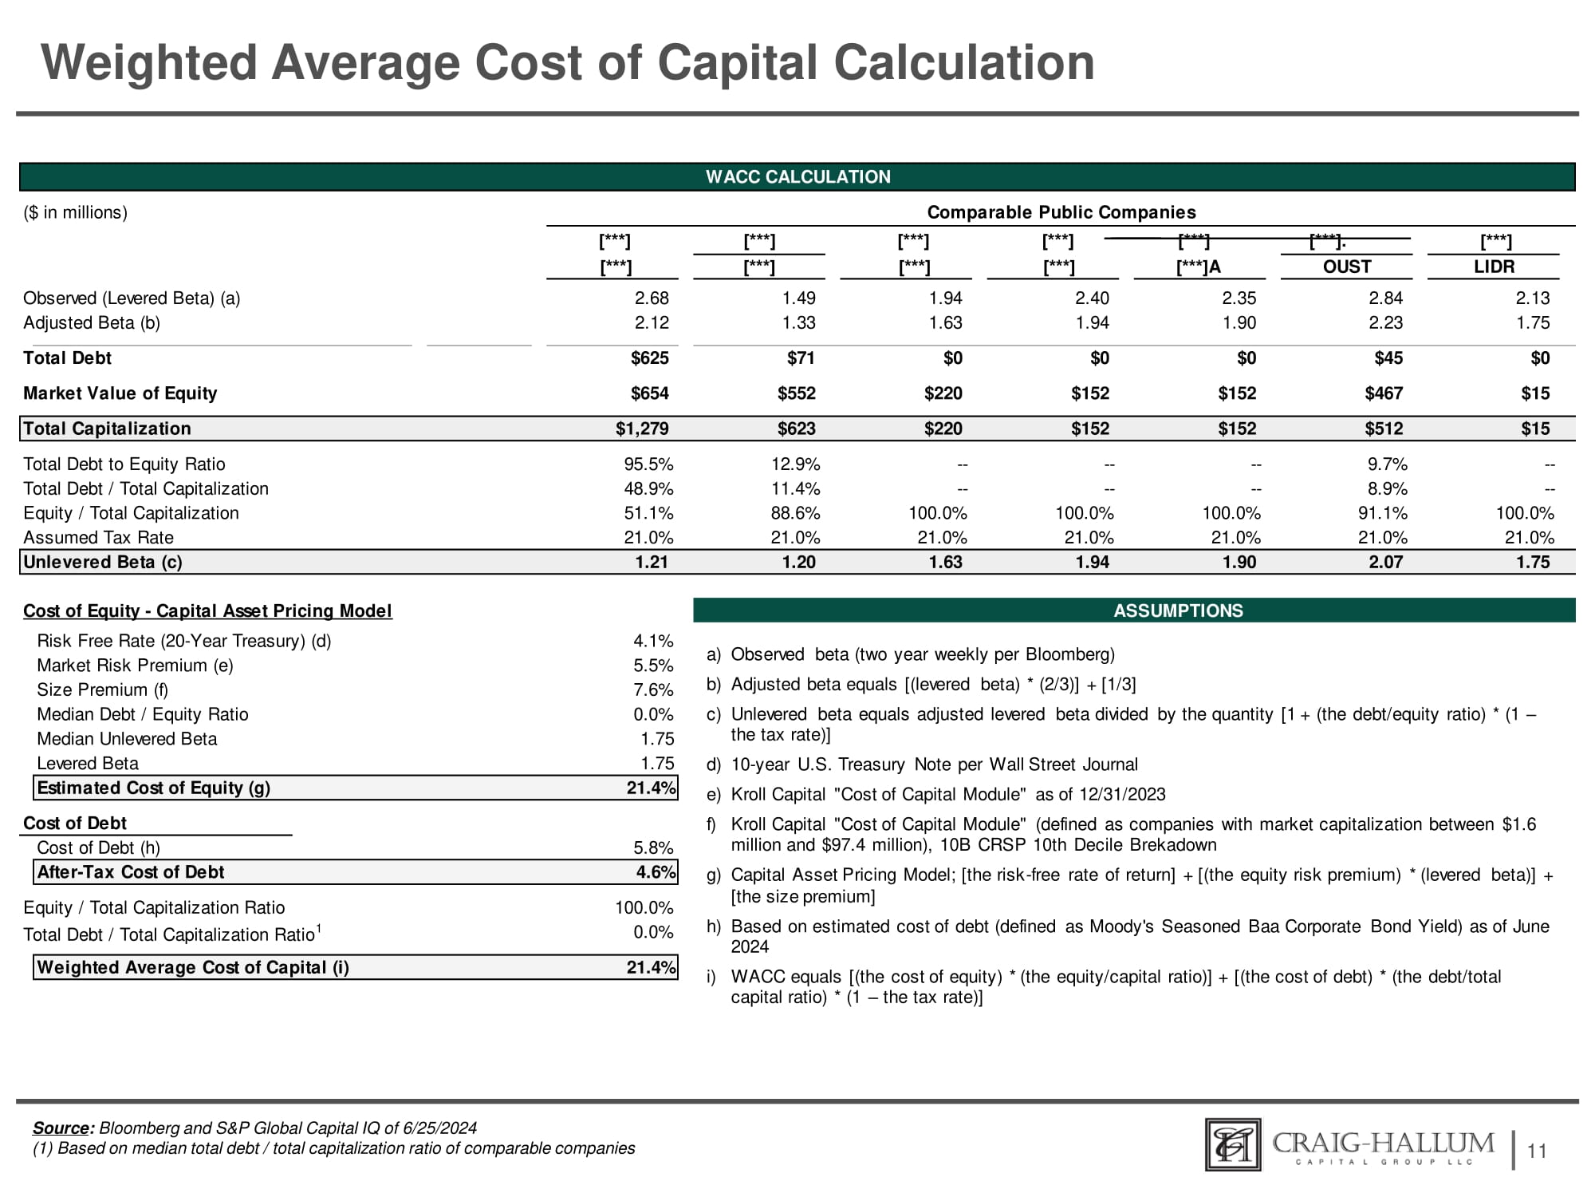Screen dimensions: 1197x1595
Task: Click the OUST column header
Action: (x=1346, y=267)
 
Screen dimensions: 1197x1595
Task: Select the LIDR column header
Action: (x=1494, y=267)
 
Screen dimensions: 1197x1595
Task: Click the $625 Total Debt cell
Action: (x=650, y=358)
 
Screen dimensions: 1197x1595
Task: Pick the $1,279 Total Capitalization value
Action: (x=642, y=429)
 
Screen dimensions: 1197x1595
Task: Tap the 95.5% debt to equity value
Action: (x=648, y=464)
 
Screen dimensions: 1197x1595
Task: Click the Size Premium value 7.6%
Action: (x=653, y=690)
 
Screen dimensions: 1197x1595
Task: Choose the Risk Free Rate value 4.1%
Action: (x=653, y=641)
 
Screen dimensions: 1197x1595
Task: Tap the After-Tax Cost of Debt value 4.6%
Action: (x=656, y=872)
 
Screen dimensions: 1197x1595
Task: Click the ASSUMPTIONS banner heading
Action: (x=1178, y=610)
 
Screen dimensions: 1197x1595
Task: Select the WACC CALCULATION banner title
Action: (x=797, y=177)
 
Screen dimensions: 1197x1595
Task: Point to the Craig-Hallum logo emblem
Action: (x=1233, y=1144)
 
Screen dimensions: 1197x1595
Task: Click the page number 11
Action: (x=1537, y=1151)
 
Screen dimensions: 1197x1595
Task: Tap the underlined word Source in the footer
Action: (x=61, y=1128)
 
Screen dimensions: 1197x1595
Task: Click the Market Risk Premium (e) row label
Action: (x=135, y=666)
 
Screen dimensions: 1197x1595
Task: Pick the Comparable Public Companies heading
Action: (x=1061, y=212)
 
